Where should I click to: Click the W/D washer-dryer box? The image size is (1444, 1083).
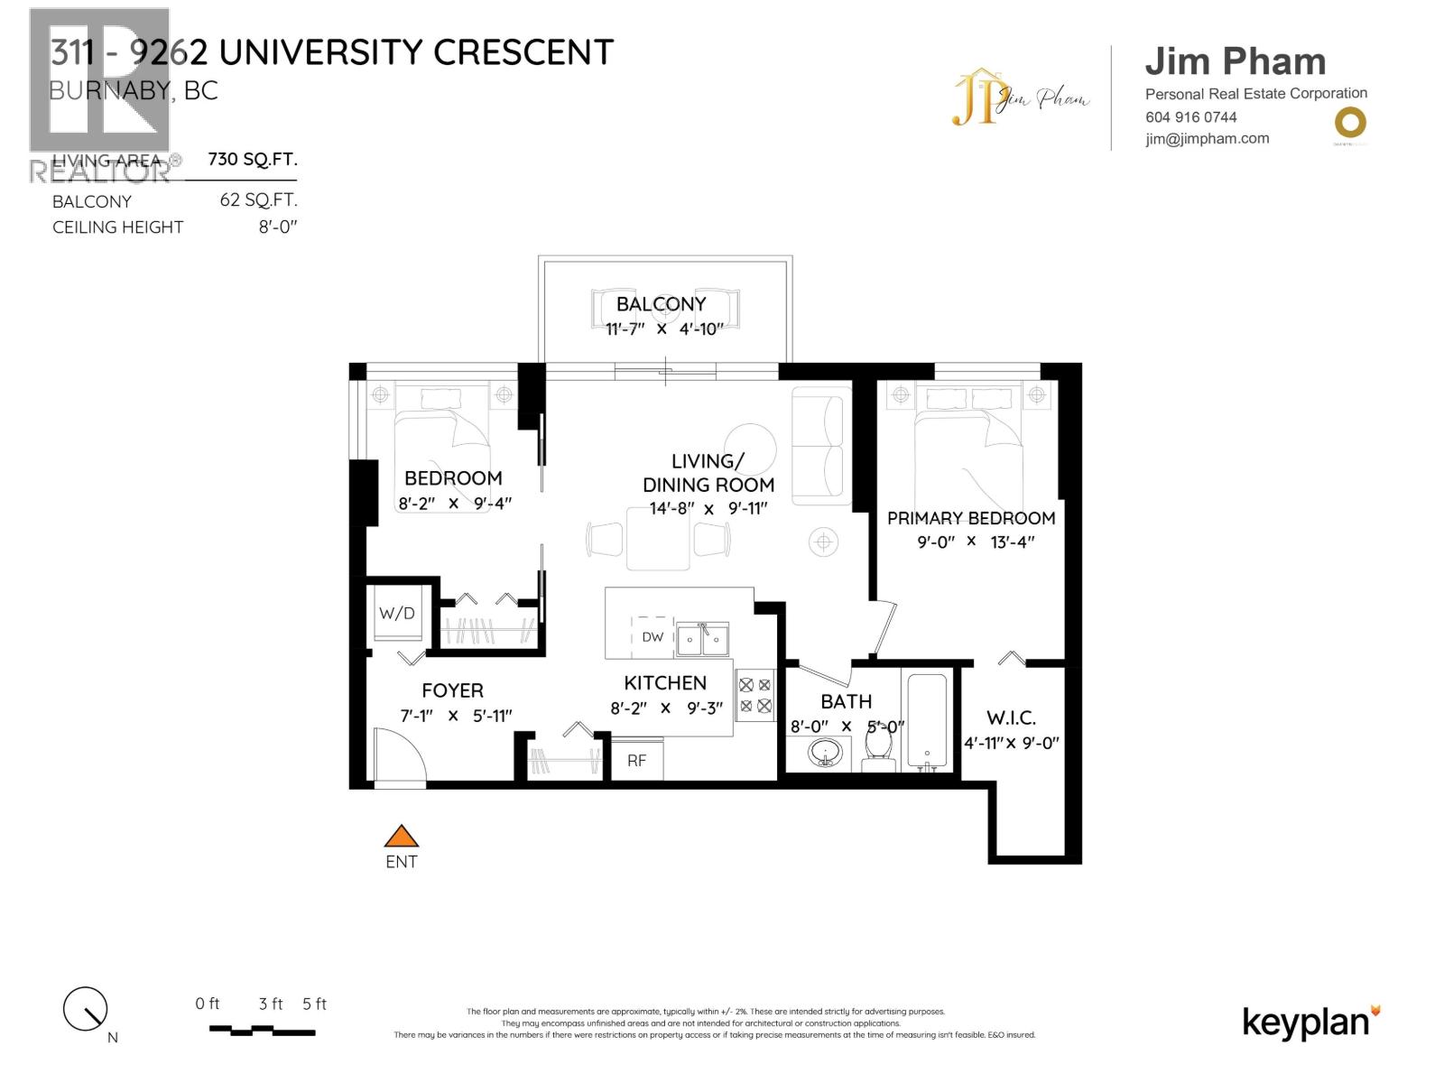click(x=397, y=614)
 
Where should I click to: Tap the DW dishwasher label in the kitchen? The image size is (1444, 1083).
click(x=653, y=637)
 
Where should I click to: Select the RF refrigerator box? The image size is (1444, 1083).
click(x=637, y=760)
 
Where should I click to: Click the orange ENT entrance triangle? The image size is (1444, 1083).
click(x=402, y=837)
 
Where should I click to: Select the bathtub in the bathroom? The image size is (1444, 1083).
click(x=926, y=721)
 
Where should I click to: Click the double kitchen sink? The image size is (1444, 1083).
click(x=703, y=640)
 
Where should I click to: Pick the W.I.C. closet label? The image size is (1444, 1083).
click(x=1011, y=718)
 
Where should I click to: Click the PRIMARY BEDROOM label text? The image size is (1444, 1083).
click(x=971, y=518)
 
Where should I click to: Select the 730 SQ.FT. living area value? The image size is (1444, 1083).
click(x=252, y=160)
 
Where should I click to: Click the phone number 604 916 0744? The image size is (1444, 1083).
click(x=1191, y=117)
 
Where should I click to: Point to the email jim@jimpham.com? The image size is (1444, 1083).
click(x=1208, y=139)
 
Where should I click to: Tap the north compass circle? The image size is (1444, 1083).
click(x=85, y=1008)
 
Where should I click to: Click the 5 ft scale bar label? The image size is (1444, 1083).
click(x=314, y=1004)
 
